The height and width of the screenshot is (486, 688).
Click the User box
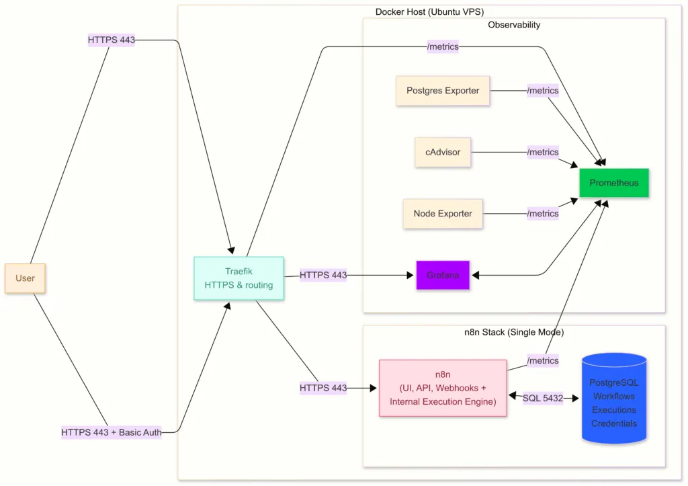pyautogui.click(x=25, y=278)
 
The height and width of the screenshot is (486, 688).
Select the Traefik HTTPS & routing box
pyautogui.click(x=239, y=278)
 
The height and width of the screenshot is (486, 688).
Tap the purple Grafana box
pyautogui.click(x=442, y=275)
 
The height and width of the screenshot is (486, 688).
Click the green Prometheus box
pyautogui.click(x=613, y=183)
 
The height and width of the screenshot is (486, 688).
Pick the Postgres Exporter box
pyautogui.click(x=443, y=91)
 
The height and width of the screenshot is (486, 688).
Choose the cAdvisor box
pyautogui.click(x=443, y=152)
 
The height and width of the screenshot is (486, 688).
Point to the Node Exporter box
pyautogui.click(x=443, y=214)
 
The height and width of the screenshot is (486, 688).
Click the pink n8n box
pyautogui.click(x=443, y=388)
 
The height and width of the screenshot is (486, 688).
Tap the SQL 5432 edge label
pyautogui.click(x=543, y=398)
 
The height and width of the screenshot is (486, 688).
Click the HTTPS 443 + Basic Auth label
pyautogui.click(x=112, y=432)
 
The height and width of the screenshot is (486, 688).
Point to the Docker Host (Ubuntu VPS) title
pyautogui.click(x=429, y=12)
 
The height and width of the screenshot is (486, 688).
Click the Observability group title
pyautogui.click(x=514, y=25)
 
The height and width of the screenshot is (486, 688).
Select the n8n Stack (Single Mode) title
pyautogui.click(x=514, y=332)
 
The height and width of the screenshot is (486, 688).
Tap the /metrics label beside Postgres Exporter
pyautogui.click(x=543, y=91)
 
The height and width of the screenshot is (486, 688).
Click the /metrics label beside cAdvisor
pyautogui.click(x=543, y=152)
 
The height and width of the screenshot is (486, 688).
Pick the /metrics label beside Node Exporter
pyautogui.click(x=543, y=214)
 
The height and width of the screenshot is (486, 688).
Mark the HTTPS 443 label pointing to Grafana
pyautogui.click(x=323, y=275)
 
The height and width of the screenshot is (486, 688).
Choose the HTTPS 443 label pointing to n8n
pyautogui.click(x=323, y=388)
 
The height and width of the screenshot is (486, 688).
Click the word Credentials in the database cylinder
pyautogui.click(x=613, y=423)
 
